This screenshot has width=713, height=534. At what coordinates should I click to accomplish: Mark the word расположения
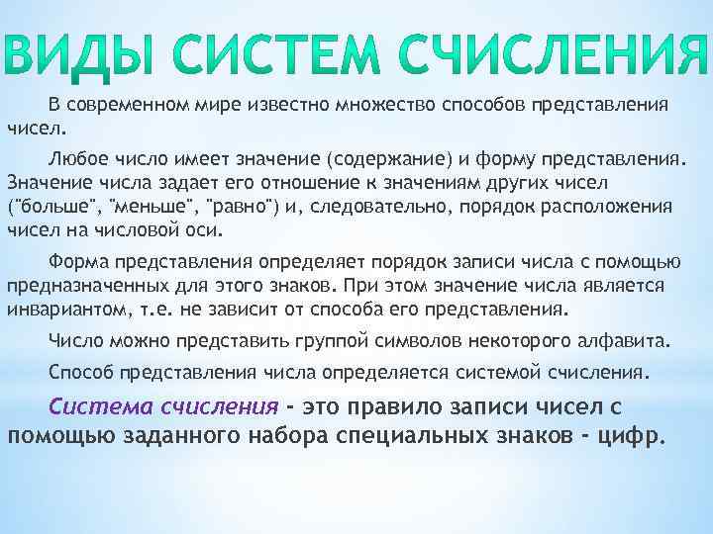(614, 209)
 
